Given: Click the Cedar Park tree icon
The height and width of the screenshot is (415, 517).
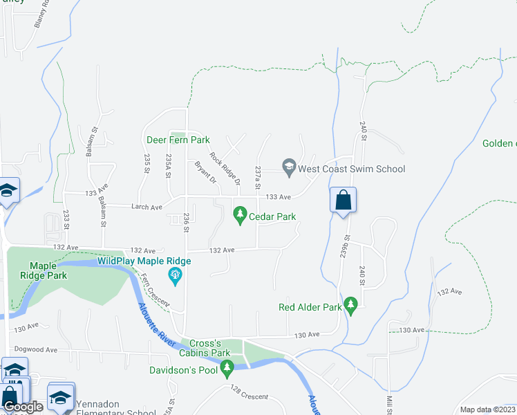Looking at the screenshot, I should [241, 216].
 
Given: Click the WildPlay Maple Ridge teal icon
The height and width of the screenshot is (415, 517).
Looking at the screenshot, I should [175, 277].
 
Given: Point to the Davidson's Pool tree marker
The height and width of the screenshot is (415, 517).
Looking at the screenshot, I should [227, 371].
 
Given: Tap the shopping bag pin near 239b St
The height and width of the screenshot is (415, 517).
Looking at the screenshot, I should [343, 201].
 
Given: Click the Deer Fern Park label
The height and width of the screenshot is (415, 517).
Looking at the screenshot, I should [178, 140].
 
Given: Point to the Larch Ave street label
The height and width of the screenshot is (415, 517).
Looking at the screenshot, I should [147, 207].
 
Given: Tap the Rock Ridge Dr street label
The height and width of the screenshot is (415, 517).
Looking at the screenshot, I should [225, 169].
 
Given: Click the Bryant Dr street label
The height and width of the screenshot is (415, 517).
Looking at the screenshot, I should [206, 172].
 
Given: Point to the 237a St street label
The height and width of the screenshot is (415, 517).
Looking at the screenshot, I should [257, 177].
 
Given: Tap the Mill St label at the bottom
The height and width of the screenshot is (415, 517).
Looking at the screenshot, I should [389, 403].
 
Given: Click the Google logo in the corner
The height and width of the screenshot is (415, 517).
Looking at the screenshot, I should [23, 407].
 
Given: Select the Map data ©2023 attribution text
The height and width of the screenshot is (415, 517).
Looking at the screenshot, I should [487, 409].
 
